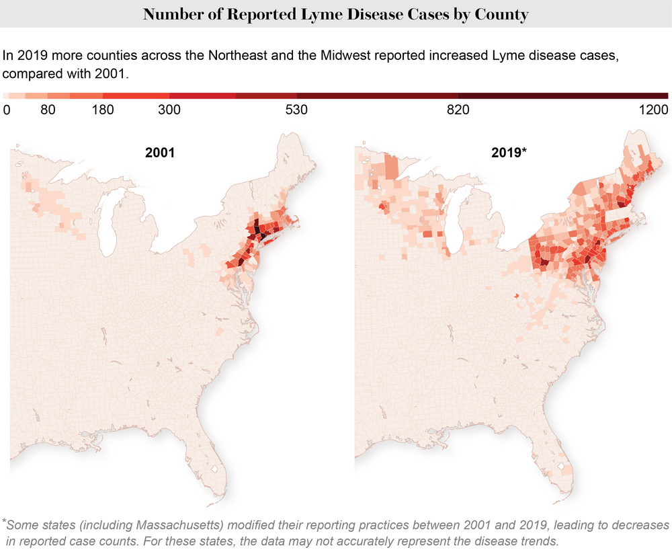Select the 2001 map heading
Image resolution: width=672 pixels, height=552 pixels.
point(160,153)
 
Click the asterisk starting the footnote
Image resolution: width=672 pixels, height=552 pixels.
point(4,522)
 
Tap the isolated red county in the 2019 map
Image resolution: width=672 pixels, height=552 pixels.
point(517,295)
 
